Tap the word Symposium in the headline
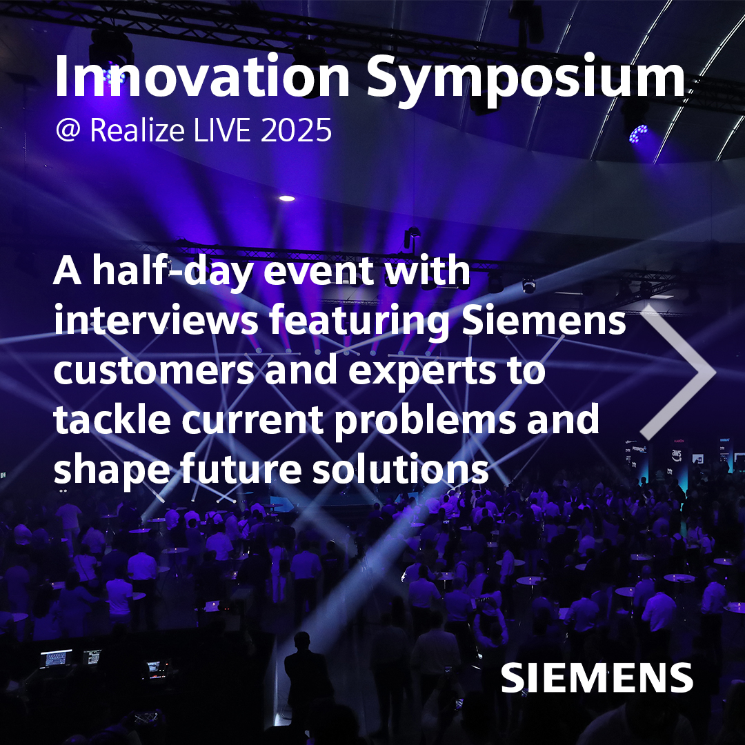click(x=526, y=77)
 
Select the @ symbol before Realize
click(x=69, y=130)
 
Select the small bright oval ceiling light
click(x=287, y=198)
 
